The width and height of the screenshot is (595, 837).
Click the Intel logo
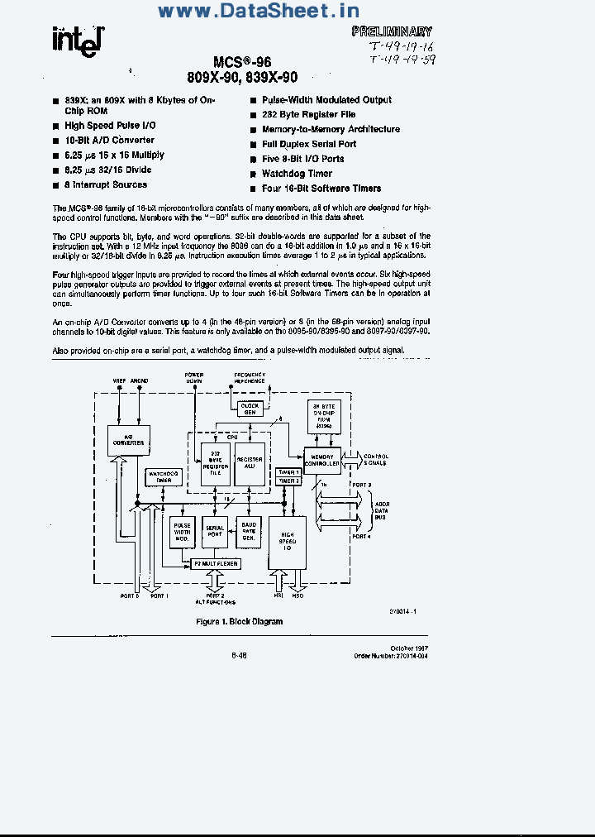point(77,39)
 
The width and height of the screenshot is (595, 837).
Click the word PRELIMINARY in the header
point(392,32)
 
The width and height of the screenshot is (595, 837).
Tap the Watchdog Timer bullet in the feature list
point(297,174)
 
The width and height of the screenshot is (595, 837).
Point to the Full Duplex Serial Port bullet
point(309,144)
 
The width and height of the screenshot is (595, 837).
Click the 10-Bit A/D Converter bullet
point(109,141)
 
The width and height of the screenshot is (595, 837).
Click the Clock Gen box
point(249,409)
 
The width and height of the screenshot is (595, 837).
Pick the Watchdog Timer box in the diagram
point(164,477)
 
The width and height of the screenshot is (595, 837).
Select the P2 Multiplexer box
point(215,563)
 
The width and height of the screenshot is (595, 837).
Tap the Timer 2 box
point(288,481)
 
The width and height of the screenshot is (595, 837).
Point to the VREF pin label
point(120,380)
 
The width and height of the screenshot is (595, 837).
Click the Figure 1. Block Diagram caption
point(239,621)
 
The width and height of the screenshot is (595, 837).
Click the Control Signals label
point(376,459)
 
